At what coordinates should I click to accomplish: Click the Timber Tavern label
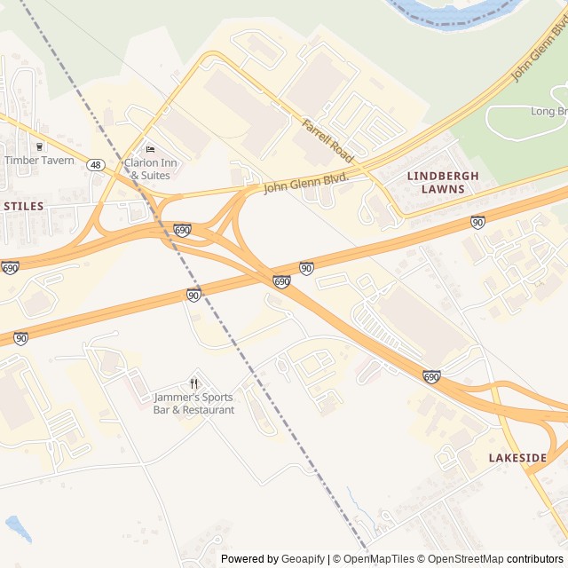point(40,160)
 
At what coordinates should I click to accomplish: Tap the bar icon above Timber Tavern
point(39,146)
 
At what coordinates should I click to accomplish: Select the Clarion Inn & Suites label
point(151,169)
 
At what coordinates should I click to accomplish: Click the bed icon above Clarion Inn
point(150,149)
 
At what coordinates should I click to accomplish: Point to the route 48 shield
point(96,164)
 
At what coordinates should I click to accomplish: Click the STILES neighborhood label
point(23,205)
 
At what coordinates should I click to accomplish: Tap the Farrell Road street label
point(328,140)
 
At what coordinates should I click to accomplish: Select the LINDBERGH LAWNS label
point(443,182)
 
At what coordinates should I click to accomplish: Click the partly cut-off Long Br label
point(548,111)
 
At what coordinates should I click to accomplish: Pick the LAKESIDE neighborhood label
point(517,458)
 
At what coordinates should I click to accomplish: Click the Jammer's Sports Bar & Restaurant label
point(194,404)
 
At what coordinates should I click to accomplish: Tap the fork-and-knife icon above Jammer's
point(194,383)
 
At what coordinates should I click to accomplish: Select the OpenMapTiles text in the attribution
point(378,559)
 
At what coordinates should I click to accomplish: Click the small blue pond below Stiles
point(18,527)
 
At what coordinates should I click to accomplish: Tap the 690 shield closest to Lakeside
point(431,377)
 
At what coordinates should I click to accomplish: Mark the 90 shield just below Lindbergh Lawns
point(477,222)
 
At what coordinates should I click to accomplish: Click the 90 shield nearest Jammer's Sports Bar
point(193,295)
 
